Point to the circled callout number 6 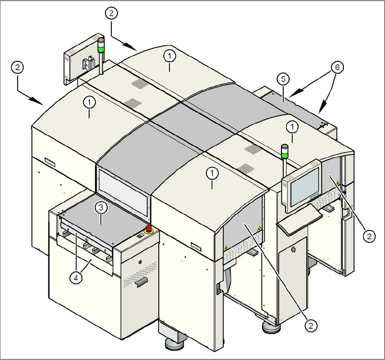[x=336, y=67]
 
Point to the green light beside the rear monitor [x=101, y=46]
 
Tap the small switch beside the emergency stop [x=139, y=235]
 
